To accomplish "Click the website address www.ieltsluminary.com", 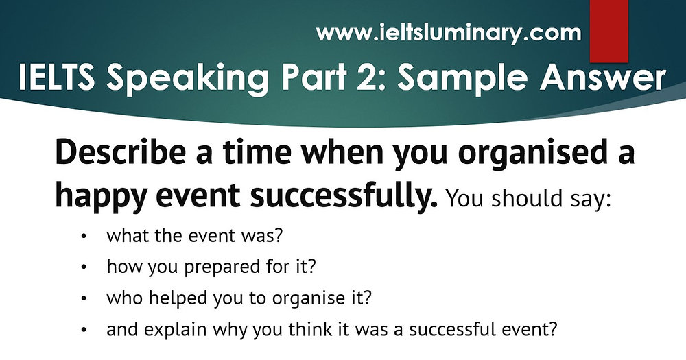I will pos(449,32).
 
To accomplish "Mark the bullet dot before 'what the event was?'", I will pos(84,237).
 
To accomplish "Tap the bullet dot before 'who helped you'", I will pos(84,299).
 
